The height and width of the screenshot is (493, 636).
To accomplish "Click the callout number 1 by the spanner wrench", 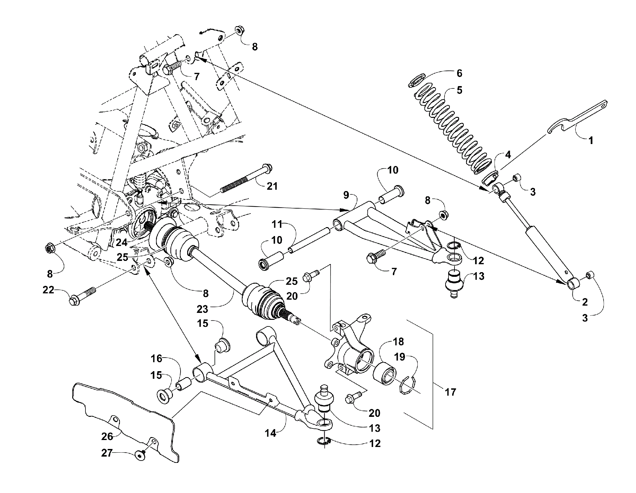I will click(591, 140).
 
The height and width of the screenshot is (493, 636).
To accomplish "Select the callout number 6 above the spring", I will click(459, 73).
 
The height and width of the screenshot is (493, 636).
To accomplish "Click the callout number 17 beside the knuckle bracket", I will click(450, 392).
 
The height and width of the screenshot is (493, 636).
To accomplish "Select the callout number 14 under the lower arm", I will click(271, 433).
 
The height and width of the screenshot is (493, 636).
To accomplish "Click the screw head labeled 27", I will click(140, 457).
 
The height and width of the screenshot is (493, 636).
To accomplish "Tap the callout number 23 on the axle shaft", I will click(202, 309).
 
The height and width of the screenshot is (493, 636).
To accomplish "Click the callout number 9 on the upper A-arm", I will click(346, 195).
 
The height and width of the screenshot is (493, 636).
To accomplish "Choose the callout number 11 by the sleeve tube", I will click(277, 224).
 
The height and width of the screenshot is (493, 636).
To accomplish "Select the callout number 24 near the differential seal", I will click(122, 242).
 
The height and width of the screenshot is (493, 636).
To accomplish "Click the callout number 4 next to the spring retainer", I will click(507, 154).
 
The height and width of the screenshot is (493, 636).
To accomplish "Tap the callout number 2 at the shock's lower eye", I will click(585, 302).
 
